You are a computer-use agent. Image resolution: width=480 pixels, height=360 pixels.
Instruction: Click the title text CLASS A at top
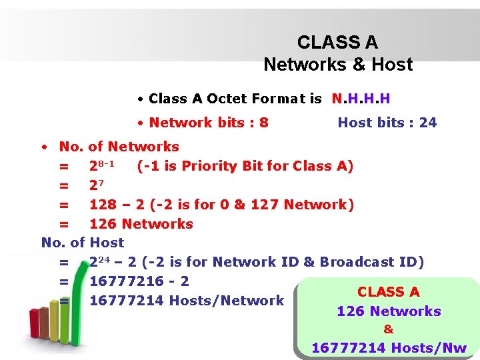337,43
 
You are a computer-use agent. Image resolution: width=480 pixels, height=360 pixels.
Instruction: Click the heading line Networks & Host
338,65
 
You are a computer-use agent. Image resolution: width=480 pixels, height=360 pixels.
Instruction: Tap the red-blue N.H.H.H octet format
361,99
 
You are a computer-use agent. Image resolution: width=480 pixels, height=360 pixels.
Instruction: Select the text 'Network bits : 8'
209,122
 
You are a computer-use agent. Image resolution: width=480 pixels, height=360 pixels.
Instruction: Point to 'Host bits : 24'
387,122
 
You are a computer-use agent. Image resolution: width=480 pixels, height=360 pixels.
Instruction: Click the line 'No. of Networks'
119,147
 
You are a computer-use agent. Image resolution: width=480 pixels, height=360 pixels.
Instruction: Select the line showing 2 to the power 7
97,185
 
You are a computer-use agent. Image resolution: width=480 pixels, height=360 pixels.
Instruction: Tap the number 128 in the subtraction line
103,204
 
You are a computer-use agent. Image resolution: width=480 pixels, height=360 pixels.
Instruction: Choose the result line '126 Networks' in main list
141,223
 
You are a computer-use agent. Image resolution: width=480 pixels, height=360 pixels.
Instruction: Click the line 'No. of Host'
83,243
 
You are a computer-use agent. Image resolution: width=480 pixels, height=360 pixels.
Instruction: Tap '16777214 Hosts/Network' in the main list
187,301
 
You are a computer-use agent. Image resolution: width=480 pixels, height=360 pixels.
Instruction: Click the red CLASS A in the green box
389,292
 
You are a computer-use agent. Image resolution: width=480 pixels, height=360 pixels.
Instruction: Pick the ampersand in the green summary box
389,329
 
